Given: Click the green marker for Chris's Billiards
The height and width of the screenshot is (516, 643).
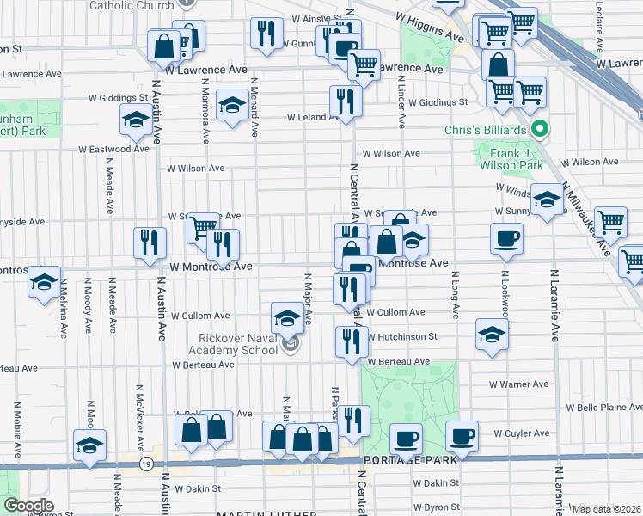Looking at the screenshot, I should pyautogui.click(x=540, y=130).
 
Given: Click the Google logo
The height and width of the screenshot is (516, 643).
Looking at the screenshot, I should pyautogui.click(x=28, y=505).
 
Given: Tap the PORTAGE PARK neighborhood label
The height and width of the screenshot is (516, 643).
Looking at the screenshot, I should pyautogui.click(x=402, y=460).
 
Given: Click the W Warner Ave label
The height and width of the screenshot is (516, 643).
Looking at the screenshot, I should pyautogui.click(x=518, y=384).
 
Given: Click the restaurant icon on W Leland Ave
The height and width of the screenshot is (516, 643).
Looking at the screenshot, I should pyautogui.click(x=346, y=100).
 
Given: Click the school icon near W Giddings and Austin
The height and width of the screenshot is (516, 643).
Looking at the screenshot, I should pyautogui.click(x=135, y=122).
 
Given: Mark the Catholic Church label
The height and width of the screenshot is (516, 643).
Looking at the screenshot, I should pyautogui.click(x=132, y=5).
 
